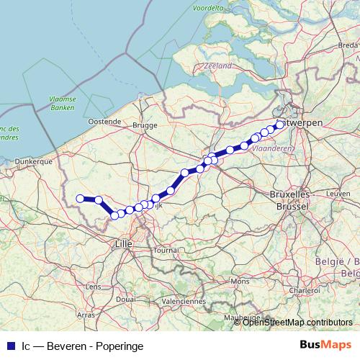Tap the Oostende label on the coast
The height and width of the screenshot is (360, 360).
[105, 122]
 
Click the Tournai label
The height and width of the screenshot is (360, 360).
[166, 251]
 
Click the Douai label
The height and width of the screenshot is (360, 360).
[125, 298]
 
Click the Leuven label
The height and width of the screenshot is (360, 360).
[337, 194]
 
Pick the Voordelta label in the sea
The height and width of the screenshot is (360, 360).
[208, 9]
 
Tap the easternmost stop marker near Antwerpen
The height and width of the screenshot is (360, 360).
[280, 125]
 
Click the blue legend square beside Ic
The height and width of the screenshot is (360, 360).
[10, 346]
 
